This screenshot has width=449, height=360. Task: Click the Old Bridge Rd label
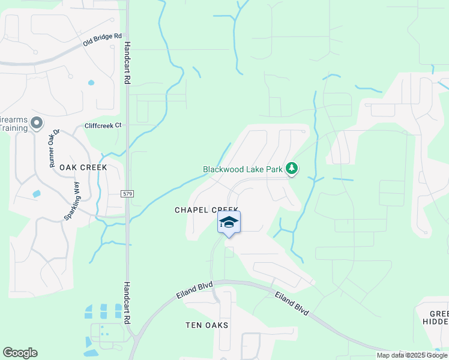coord(102,41)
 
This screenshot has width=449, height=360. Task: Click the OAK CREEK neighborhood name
coord(83,167)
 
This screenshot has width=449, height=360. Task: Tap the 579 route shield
coord(127,194)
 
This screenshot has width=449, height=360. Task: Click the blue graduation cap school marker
coord(229,223)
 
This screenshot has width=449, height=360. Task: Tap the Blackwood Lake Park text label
coord(243,169)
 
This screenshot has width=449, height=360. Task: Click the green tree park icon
coord(292,169)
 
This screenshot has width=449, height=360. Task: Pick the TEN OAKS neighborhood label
coord(207,325)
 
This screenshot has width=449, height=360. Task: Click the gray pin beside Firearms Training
coord(37,124)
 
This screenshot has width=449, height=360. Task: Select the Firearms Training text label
coord(14,124)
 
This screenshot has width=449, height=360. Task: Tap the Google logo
coord(20,353)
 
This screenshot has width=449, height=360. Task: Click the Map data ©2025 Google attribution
coord(412,355)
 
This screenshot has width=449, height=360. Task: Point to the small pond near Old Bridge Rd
coord(91,83)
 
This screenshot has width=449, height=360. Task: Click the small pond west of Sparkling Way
coord(36,194)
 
